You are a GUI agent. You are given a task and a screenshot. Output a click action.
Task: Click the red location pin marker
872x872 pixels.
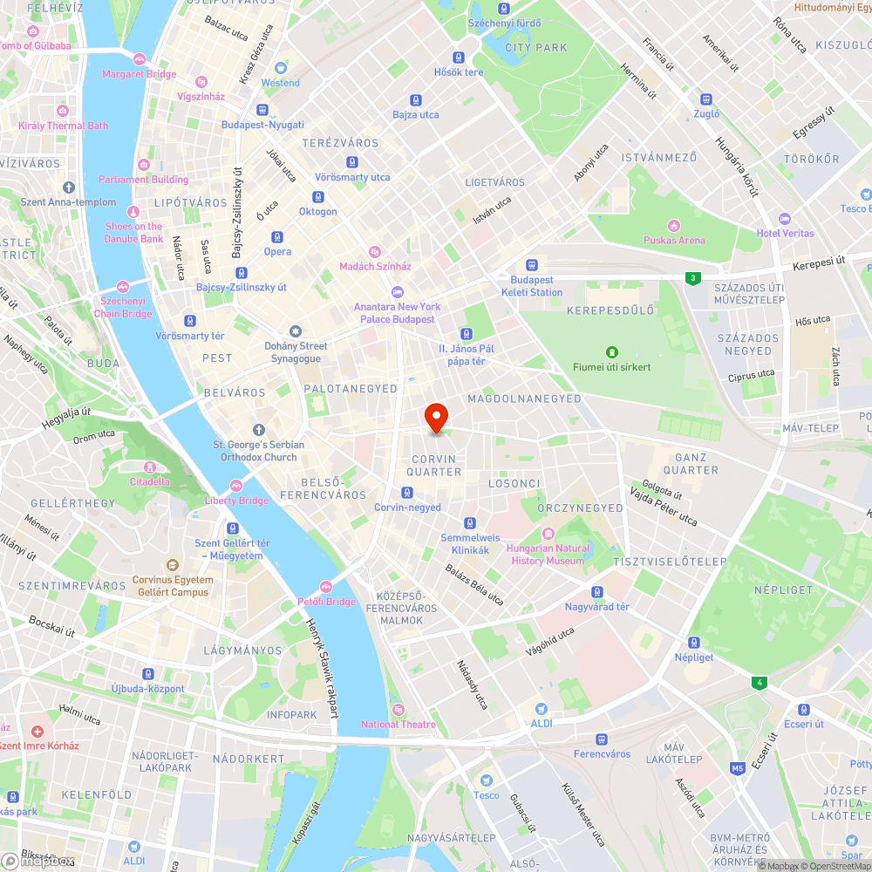pos(436,418)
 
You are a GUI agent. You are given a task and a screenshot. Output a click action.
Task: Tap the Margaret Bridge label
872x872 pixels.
pos(139,74)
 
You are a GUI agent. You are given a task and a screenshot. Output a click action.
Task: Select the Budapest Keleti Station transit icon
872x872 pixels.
pos(532,265)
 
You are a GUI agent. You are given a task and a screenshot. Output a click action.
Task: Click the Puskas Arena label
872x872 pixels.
pos(674,240)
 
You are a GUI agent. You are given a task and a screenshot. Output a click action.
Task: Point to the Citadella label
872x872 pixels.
pos(149,481)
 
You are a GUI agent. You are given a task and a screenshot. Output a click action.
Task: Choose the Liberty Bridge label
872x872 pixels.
pos(236,501)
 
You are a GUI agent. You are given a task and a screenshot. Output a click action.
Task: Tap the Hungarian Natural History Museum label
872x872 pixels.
pos(548,555)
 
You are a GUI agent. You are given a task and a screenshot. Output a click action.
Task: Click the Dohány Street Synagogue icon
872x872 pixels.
pos(295,330)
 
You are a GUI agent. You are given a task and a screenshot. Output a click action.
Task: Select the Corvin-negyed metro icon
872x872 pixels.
pos(407,493)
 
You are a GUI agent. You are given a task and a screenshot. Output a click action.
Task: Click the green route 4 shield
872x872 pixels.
pos(760,682)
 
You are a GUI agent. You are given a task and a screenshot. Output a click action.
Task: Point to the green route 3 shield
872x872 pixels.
pos(692,278)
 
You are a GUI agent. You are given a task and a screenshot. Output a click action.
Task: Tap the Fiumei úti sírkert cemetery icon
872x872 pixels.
pos(612,352)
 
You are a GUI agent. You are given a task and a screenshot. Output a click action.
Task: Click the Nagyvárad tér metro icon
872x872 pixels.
pos(597,592)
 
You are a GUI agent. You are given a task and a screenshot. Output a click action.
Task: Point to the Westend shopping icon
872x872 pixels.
pos(281,68)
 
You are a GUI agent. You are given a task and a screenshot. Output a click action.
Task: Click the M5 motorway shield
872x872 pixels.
pos(738,768)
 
